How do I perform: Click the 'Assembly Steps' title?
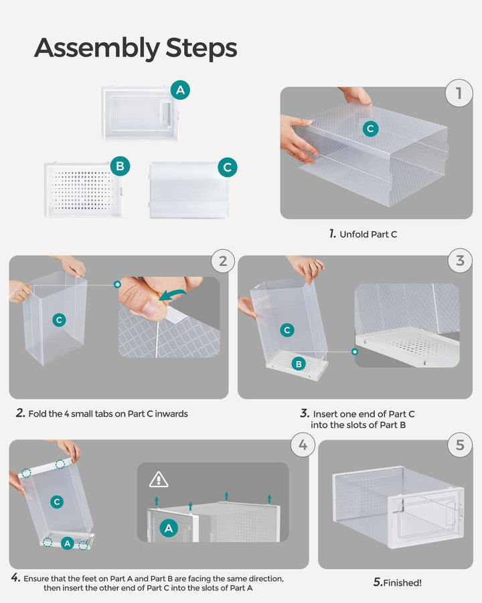[135, 48]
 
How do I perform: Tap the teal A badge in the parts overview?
[179, 90]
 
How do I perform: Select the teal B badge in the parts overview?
[120, 166]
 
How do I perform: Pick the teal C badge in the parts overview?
[227, 167]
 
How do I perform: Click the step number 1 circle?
[459, 93]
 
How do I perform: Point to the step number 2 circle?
[223, 261]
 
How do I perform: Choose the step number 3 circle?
[459, 261]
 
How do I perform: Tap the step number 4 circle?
[303, 445]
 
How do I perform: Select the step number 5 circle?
[459, 445]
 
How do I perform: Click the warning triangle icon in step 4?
[159, 479]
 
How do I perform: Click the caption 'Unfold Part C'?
[367, 234]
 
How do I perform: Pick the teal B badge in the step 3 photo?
[299, 364]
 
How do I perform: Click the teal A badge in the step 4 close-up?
[169, 528]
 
